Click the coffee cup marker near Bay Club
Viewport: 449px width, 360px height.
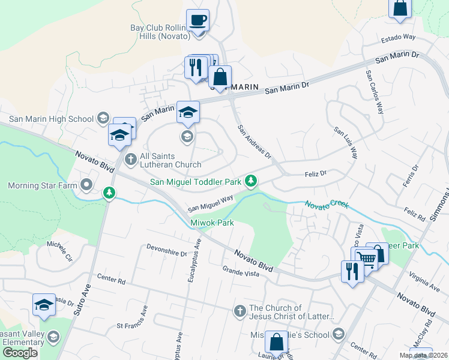pos(197,20)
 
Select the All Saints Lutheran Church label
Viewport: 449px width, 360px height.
pos(170,160)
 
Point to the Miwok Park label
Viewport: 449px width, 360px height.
pos(212,223)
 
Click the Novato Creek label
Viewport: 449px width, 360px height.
pos(326,205)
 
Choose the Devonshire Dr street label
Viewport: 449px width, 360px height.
pos(166,250)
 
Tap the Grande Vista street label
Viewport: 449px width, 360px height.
pos(240,272)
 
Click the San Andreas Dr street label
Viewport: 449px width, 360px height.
pos(254,141)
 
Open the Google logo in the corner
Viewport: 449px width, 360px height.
pos(20,353)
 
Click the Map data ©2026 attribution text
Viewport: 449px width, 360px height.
pos(423,355)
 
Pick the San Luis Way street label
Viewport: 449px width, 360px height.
pos(346,142)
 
